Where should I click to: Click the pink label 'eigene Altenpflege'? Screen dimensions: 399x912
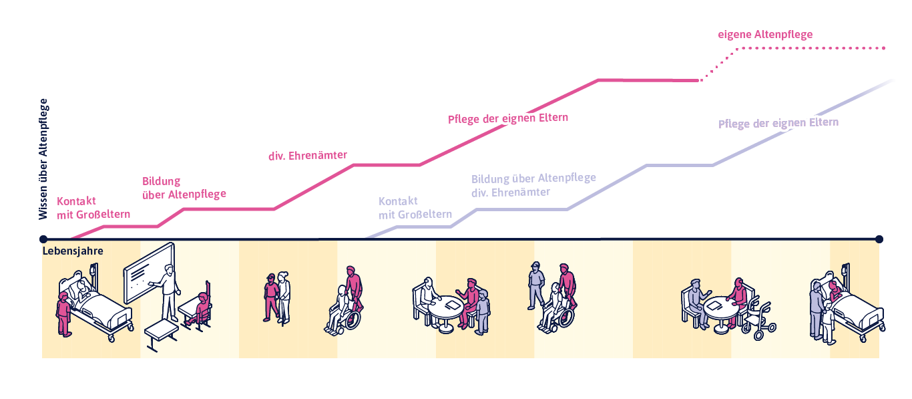(x=765, y=34)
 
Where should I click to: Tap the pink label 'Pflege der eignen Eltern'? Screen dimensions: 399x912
(x=507, y=118)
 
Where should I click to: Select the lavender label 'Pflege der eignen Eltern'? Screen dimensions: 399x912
(x=778, y=124)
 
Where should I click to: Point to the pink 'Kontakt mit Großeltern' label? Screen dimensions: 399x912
(x=93, y=208)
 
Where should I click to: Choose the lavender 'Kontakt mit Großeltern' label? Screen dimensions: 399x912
(x=415, y=208)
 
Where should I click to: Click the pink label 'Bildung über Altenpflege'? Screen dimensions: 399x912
(x=184, y=188)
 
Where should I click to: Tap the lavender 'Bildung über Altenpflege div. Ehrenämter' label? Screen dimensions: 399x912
(x=533, y=185)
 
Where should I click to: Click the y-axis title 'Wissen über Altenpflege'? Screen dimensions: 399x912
(x=43, y=159)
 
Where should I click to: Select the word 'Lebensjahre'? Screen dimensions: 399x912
(x=72, y=251)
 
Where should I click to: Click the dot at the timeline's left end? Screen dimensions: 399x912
(x=43, y=239)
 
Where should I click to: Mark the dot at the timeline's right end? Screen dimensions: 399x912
(x=879, y=239)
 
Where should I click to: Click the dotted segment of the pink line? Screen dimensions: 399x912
(x=801, y=49)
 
